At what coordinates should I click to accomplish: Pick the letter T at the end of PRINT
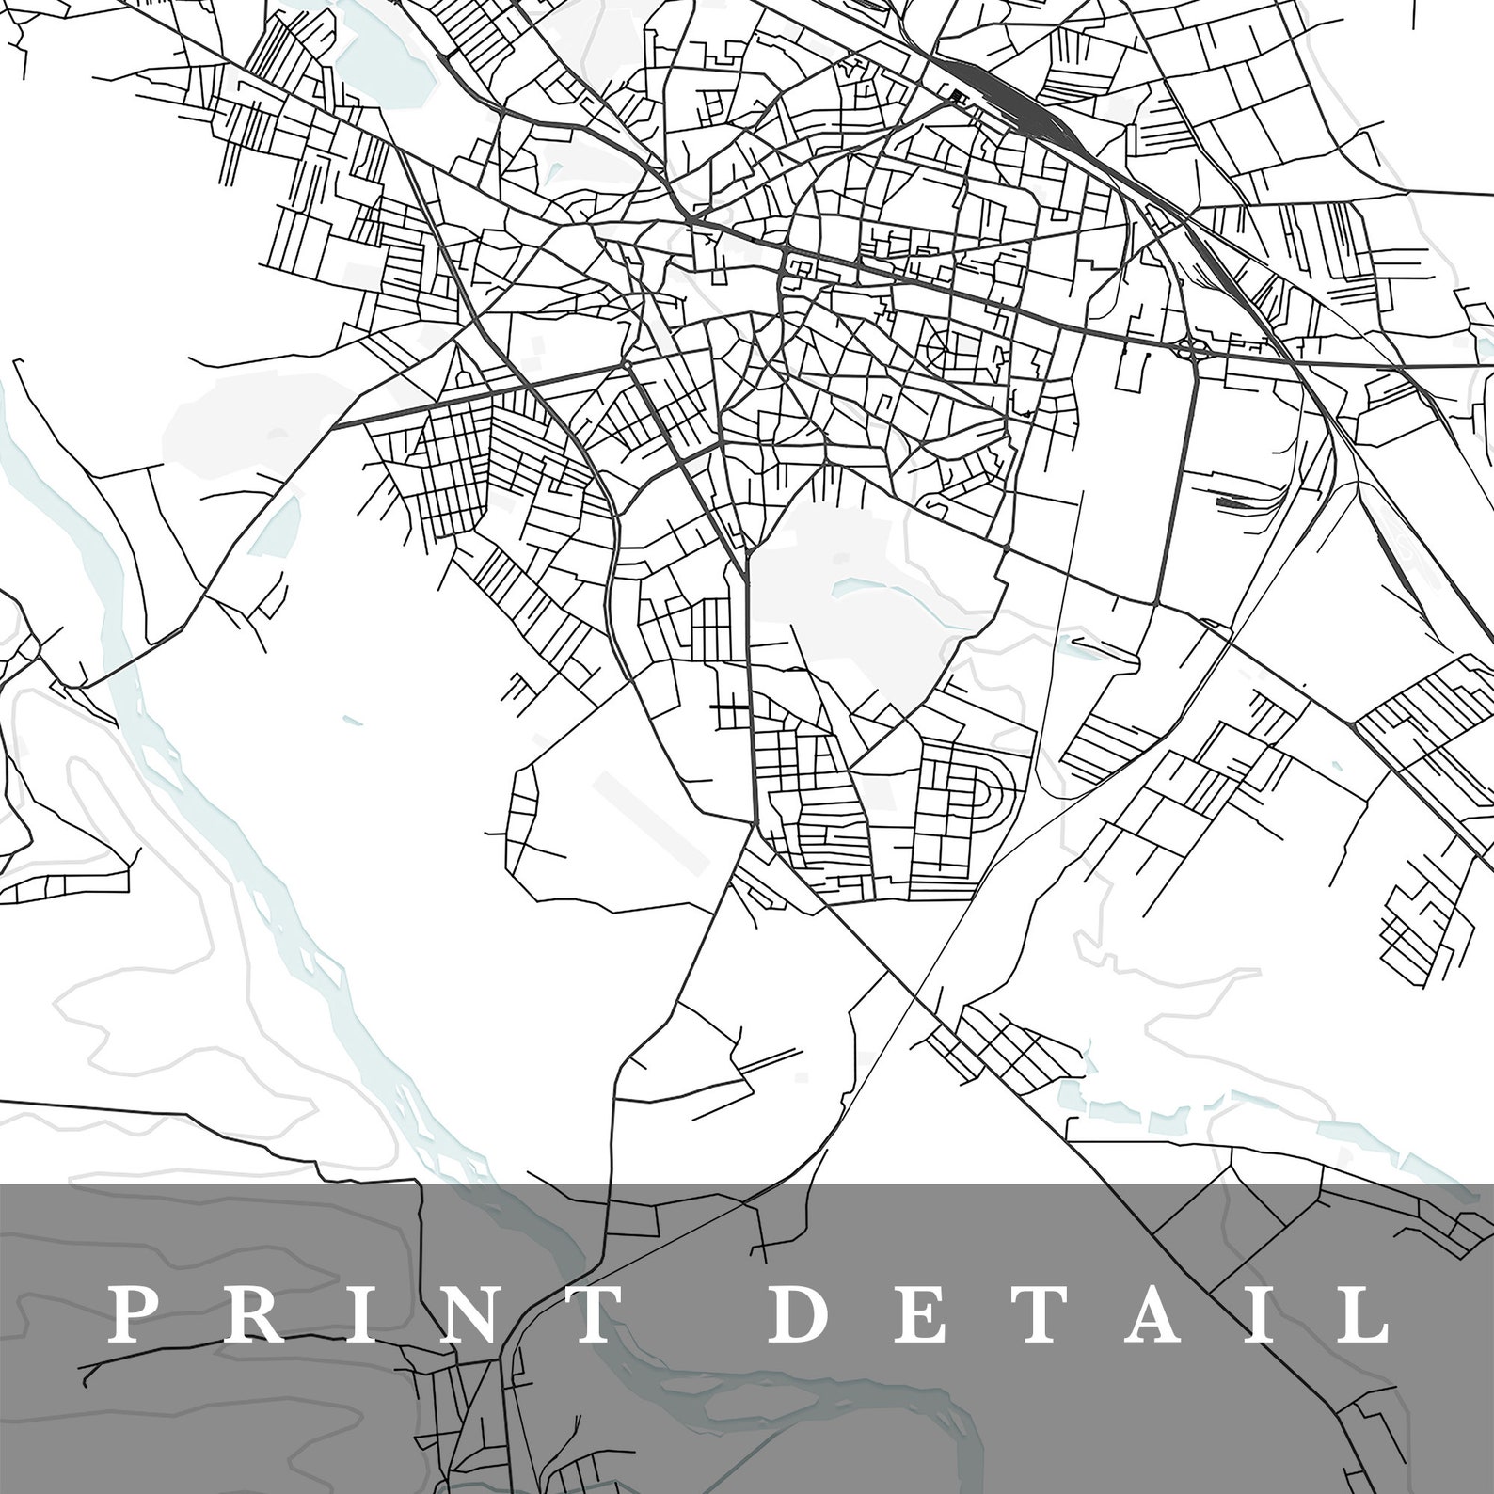[x=591, y=1315]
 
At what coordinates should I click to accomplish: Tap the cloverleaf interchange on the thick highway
[x=1193, y=351]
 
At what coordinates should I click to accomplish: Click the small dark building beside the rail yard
[x=959, y=95]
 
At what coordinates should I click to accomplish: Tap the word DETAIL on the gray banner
[x=1078, y=1315]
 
